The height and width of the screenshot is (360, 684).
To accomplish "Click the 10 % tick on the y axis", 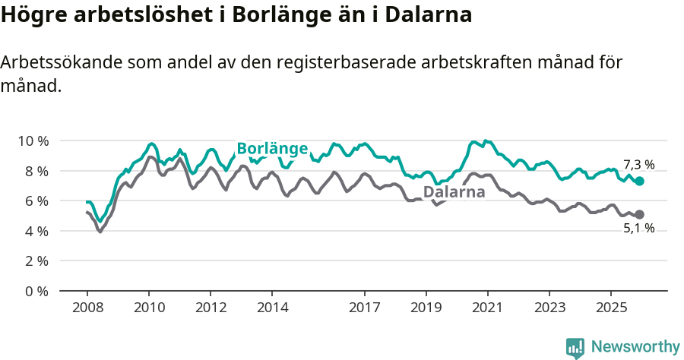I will coord(33,141).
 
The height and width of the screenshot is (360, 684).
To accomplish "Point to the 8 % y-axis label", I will coord(36,171).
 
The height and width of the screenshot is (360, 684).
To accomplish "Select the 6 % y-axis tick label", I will coord(36,201).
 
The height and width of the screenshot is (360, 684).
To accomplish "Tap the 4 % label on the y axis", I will coord(36,231).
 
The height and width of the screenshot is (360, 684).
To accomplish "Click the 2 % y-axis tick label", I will coord(36,261).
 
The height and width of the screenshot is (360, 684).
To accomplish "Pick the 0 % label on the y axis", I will coord(36,291).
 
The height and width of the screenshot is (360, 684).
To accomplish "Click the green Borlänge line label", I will coord(272,149).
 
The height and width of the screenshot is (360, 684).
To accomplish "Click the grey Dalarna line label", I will coord(454,192).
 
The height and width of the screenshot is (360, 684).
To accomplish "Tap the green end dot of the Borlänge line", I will coord(640,182).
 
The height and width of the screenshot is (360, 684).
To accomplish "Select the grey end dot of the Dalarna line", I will coord(640,215).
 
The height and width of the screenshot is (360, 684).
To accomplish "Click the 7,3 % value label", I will coord(638,165).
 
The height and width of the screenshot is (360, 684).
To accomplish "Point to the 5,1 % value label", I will coord(638,228).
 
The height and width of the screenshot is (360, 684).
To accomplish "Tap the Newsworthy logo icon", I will coord(575,347).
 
